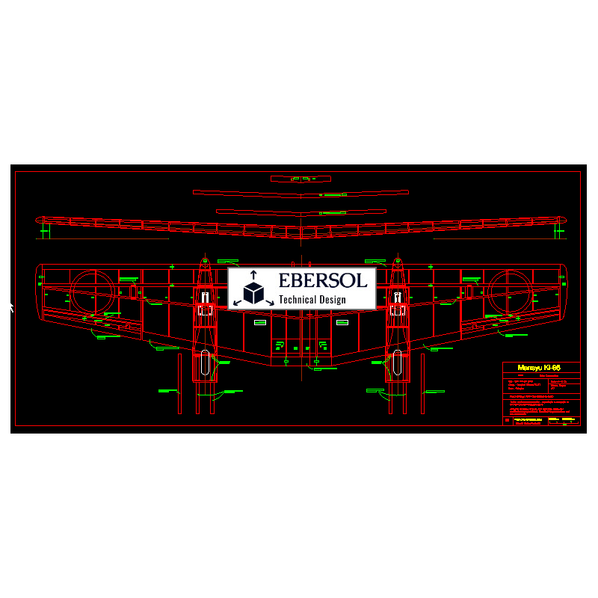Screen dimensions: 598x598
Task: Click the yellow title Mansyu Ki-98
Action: click(539, 368)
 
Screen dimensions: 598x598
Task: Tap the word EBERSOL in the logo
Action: click(323, 280)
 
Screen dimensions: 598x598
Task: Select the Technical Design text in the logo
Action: click(312, 300)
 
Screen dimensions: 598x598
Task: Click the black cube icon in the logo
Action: click(253, 293)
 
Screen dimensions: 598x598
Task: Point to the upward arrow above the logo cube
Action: click(253, 274)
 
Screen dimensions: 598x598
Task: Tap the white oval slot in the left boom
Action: click(204, 364)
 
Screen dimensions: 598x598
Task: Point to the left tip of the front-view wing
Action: click(38, 219)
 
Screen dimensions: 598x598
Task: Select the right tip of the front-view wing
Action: click(564, 219)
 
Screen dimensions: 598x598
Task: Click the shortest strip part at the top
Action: click(301, 179)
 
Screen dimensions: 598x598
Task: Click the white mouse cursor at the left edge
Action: click(11, 306)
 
